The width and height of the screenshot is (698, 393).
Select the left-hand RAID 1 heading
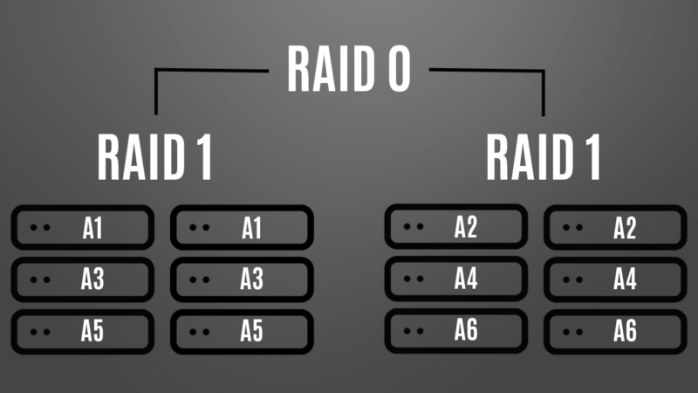(x=155, y=157)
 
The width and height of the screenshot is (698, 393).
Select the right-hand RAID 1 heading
(x=544, y=157)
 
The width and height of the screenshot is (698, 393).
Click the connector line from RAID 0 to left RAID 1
(x=156, y=87)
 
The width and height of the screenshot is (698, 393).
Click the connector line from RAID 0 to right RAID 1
(x=543, y=87)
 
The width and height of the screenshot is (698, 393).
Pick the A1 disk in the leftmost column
(x=82, y=228)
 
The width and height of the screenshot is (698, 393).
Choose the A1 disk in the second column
(x=241, y=228)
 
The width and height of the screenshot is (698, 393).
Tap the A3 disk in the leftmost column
(x=82, y=279)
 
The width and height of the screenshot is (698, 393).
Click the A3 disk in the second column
(x=241, y=279)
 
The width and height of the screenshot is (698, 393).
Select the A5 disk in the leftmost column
(x=82, y=331)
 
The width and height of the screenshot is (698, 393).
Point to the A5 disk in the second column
(x=241, y=331)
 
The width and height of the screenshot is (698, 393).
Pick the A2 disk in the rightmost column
(x=614, y=228)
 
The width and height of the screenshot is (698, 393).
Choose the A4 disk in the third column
(x=455, y=279)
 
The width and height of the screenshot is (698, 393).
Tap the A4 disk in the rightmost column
(x=614, y=279)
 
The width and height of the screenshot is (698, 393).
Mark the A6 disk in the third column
(x=455, y=330)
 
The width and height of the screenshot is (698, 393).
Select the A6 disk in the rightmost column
(x=614, y=331)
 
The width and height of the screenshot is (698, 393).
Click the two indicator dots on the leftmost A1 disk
(x=39, y=229)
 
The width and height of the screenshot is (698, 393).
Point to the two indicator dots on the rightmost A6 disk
(x=572, y=332)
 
